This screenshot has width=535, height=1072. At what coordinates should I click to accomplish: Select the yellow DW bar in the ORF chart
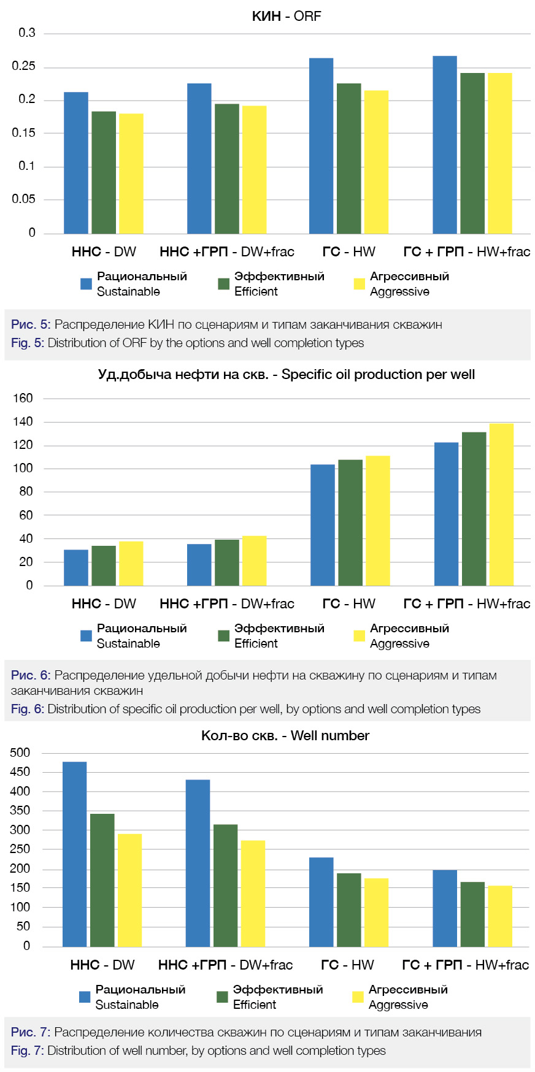[x=131, y=174]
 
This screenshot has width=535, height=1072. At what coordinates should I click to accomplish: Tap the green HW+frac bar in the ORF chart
[x=472, y=153]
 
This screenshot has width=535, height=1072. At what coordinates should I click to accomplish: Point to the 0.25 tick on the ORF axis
[x=24, y=66]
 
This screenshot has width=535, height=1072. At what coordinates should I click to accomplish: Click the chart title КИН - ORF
[x=287, y=17]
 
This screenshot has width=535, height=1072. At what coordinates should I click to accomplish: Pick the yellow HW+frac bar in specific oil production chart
[x=501, y=505]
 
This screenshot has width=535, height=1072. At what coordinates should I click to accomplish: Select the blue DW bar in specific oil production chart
[x=76, y=568]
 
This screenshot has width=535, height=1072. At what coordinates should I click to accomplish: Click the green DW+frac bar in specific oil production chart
[x=227, y=563]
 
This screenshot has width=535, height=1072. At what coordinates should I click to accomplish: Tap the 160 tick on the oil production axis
[x=23, y=399]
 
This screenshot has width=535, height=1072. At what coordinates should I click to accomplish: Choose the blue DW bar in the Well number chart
[x=75, y=854]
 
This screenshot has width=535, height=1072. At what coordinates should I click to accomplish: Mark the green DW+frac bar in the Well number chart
[x=225, y=886]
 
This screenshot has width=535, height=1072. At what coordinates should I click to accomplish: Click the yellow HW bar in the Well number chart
[x=376, y=913]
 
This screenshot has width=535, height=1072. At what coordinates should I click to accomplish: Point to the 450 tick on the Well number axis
[x=20, y=772]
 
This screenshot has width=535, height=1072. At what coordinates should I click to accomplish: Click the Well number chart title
[x=285, y=736]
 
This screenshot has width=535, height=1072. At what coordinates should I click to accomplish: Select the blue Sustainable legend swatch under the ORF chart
[x=87, y=284]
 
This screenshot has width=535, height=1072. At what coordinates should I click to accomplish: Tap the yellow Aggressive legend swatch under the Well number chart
[x=358, y=997]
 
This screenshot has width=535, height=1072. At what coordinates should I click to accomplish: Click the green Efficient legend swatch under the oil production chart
[x=224, y=636]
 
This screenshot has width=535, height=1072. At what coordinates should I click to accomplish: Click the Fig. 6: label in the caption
[x=28, y=710]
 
